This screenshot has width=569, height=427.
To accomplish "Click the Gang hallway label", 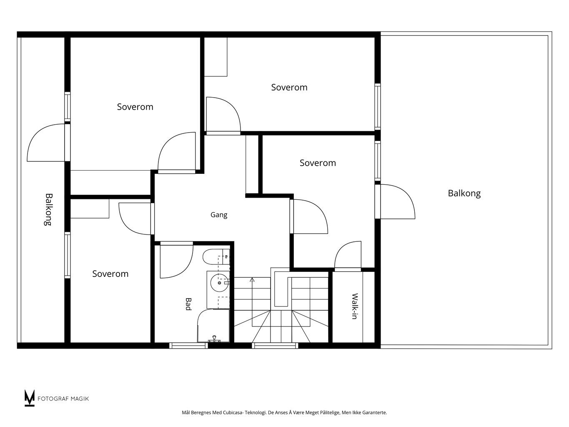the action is (219, 215).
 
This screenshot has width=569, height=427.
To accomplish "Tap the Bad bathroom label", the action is (188, 304).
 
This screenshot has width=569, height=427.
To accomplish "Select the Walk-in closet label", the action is (355, 306).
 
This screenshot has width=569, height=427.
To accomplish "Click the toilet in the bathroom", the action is (216, 257).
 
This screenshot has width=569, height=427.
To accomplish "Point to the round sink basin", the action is (219, 283).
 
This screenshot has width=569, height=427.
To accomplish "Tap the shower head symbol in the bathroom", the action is (214, 339).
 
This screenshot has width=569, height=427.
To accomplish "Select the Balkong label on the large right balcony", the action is (464, 193).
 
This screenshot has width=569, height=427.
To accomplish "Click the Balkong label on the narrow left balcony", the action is (48, 209).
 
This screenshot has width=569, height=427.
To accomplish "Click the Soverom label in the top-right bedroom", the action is (289, 88).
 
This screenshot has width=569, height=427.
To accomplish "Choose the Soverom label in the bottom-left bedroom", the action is (110, 274).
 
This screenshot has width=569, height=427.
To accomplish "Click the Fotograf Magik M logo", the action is (30, 398).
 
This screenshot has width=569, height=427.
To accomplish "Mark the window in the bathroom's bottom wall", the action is (188, 345).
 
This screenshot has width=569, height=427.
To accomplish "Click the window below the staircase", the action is (275, 345).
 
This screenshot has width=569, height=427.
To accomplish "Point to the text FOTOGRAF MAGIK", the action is (63, 399).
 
